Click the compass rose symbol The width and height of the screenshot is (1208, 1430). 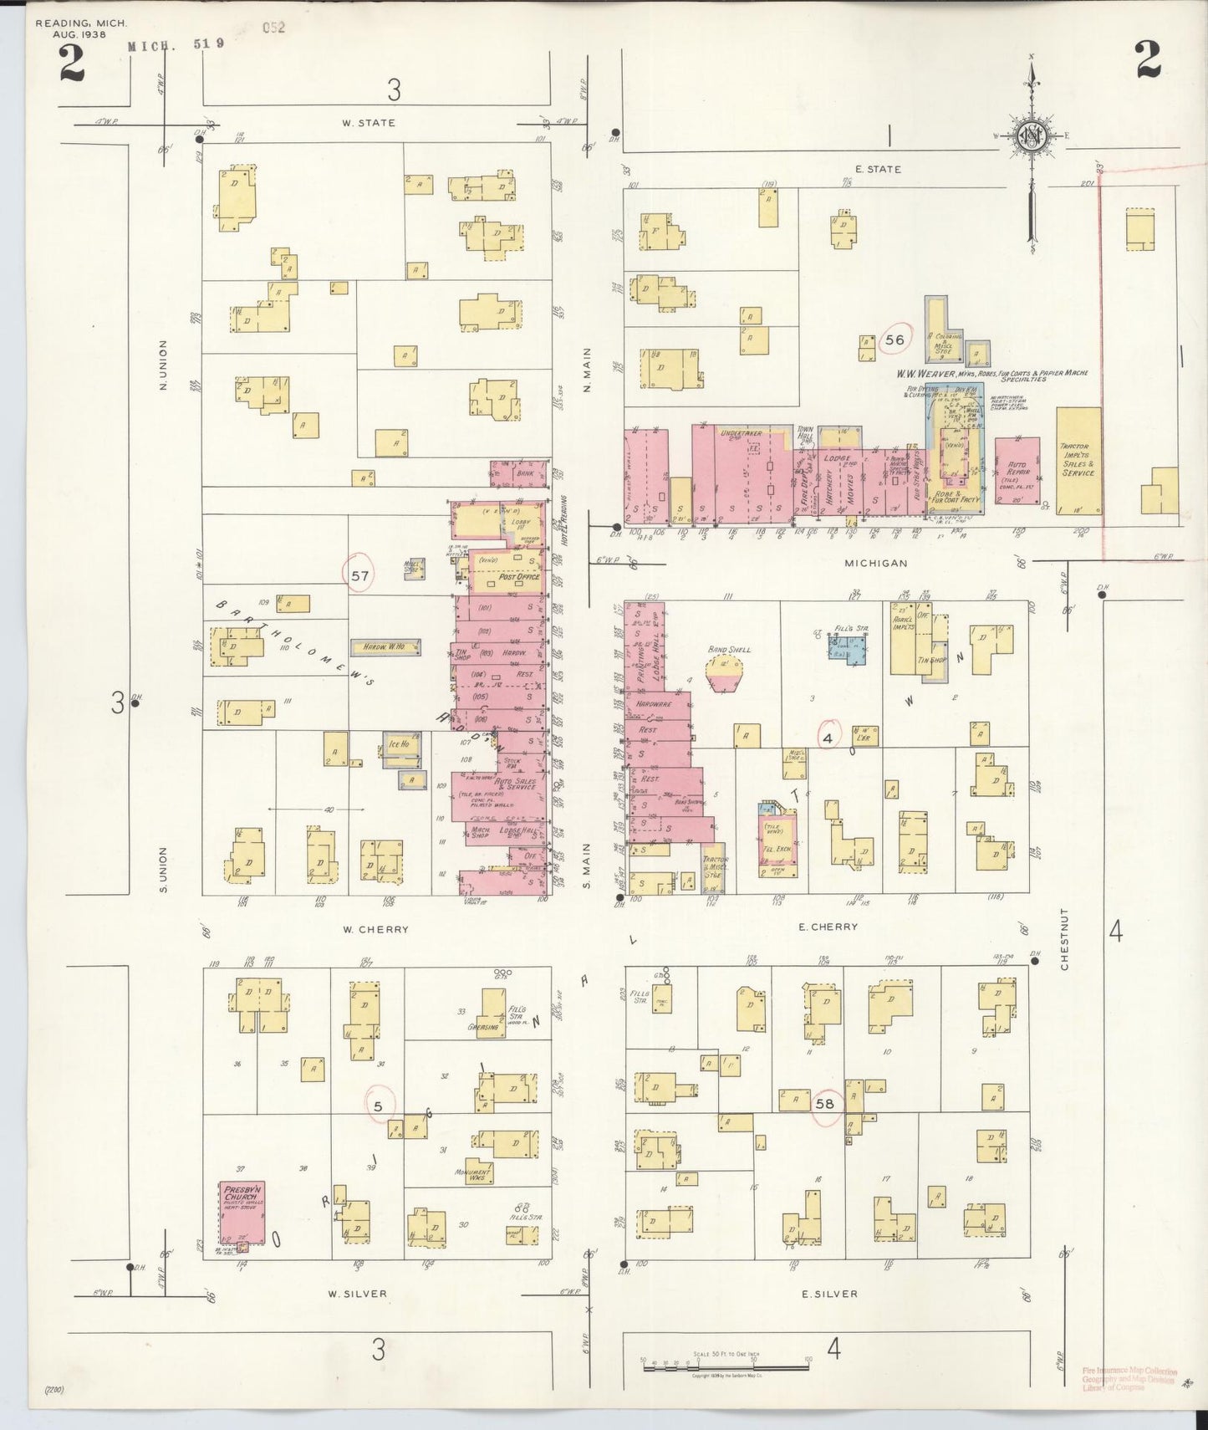(x=1032, y=136)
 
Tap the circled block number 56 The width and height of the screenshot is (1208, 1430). (x=895, y=340)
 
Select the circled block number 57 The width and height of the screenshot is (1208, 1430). (x=360, y=575)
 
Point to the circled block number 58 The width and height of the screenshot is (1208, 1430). (x=824, y=1103)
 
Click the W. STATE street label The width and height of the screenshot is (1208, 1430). (x=368, y=123)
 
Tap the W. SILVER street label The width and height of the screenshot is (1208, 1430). (x=357, y=1293)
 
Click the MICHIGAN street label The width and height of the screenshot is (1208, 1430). (x=875, y=563)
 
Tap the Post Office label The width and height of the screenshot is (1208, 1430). (x=519, y=577)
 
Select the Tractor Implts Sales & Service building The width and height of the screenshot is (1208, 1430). (x=1078, y=460)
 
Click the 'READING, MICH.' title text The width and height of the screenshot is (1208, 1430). (x=80, y=23)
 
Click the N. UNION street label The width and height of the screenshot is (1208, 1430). (x=164, y=365)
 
